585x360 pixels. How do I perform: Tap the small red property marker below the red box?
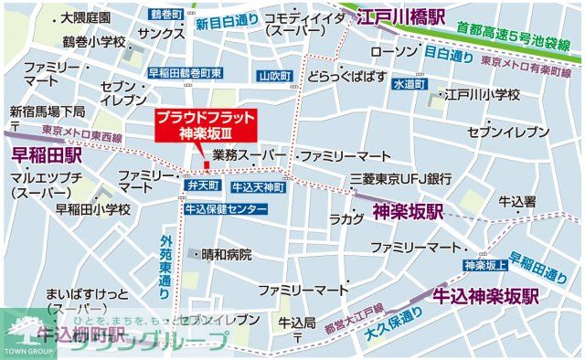207,164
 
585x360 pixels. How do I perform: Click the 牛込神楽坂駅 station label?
484,296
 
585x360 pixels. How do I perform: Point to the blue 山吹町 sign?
273,76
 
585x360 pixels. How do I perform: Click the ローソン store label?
395,51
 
